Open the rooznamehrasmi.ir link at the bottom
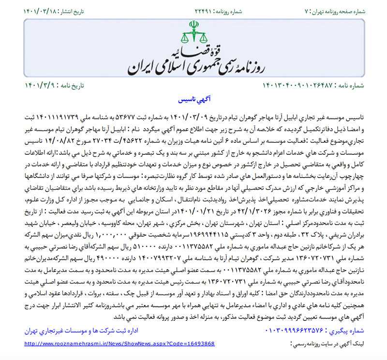click(119, 343)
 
